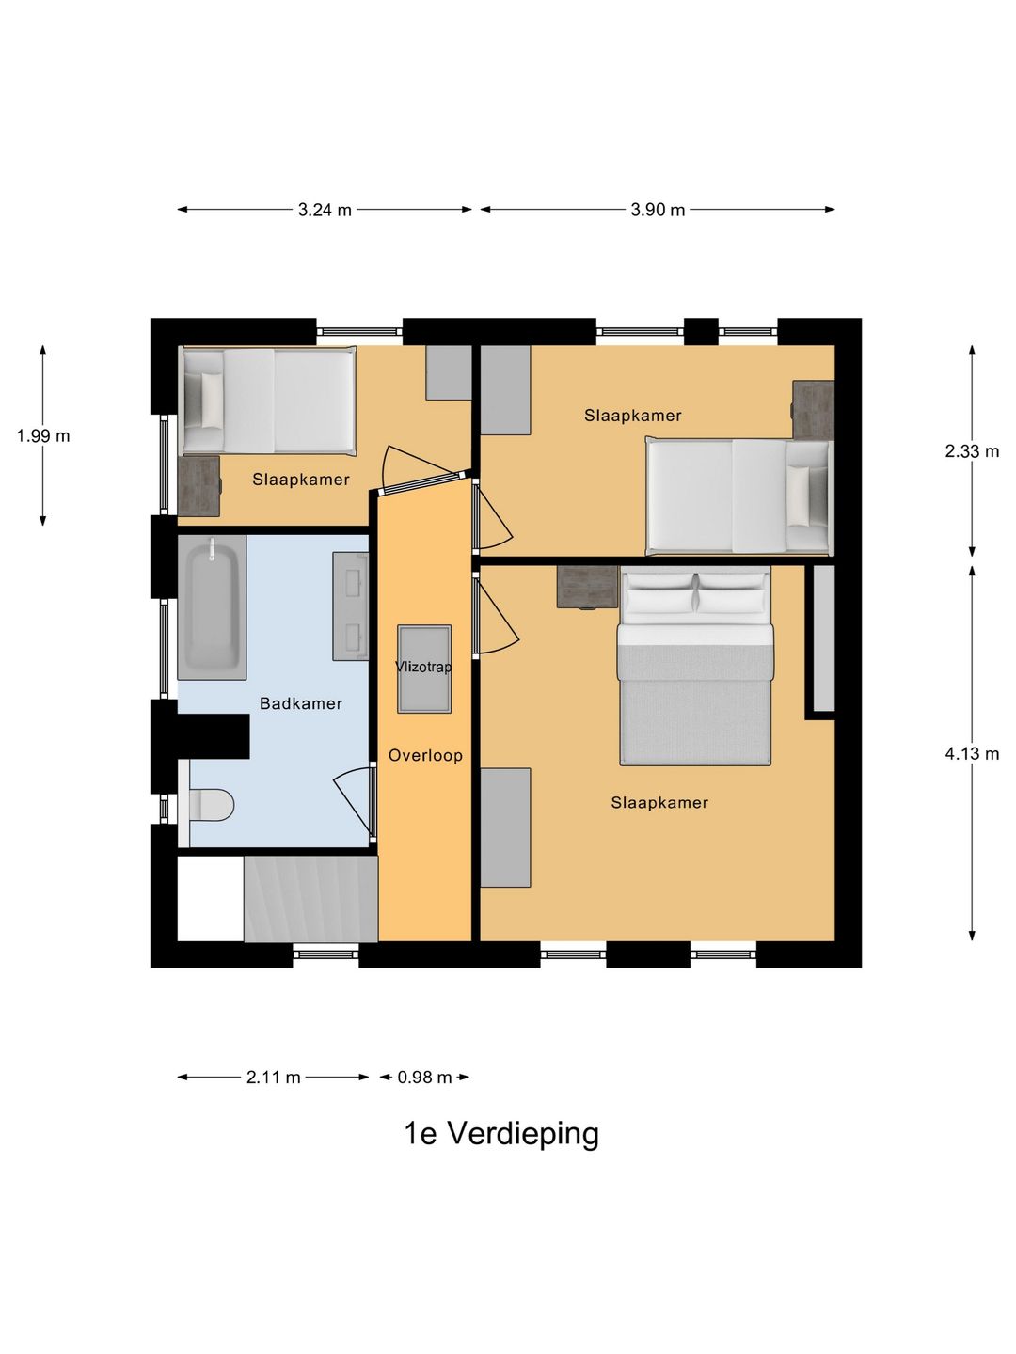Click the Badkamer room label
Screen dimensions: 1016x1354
click(x=300, y=703)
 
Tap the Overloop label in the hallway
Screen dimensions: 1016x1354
click(x=425, y=755)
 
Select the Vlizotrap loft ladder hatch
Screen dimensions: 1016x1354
click(x=423, y=669)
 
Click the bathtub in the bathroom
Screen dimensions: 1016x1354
click(x=212, y=607)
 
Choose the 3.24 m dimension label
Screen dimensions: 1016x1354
click(x=325, y=210)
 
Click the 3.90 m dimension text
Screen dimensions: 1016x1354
click(x=658, y=210)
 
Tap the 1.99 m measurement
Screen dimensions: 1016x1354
click(x=43, y=436)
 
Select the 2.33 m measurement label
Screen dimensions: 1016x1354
click(x=972, y=451)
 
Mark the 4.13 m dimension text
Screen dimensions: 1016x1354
click(x=972, y=753)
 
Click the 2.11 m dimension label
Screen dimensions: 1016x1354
click(x=273, y=1077)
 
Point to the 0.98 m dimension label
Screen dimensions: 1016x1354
click(x=424, y=1077)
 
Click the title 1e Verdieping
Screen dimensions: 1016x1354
click(x=501, y=1133)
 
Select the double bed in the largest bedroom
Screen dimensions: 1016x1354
click(x=695, y=667)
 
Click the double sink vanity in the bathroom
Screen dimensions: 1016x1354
click(x=350, y=606)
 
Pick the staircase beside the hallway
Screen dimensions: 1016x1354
click(x=310, y=898)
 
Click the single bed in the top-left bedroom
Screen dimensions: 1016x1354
click(x=268, y=401)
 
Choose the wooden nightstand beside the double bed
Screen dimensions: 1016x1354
click(x=587, y=587)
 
